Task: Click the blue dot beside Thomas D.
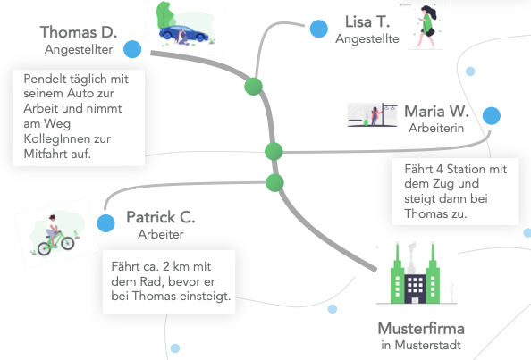pos(132,49)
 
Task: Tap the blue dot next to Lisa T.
pos(318,29)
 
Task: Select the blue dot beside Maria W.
pos(492,116)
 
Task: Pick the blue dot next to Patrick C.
pos(105,223)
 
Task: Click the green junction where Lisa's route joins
pos(253,87)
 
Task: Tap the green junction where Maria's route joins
pos(274,151)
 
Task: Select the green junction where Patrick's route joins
pos(274,183)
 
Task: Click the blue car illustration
pos(184,34)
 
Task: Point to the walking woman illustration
pos(426,28)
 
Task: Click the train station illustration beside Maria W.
pos(372,114)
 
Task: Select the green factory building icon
pos(415,273)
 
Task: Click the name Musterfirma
pos(421,328)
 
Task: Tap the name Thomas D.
pos(79,32)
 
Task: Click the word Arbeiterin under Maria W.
pos(436,128)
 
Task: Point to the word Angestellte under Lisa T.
pos(367,39)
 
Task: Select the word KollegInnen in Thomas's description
pos(67,138)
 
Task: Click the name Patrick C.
pos(161,217)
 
